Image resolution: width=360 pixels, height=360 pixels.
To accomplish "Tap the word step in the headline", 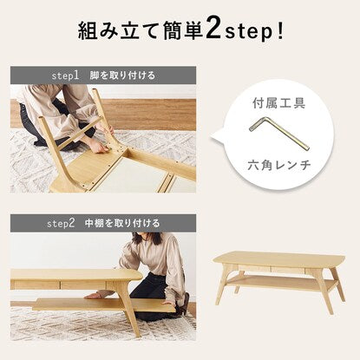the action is pos(248,32).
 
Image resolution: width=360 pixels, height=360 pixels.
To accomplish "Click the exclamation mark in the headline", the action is pos(279,29).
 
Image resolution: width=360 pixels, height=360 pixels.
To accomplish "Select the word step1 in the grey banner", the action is pos(65,75).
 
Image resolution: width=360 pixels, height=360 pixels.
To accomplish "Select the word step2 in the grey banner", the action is pos(61,224).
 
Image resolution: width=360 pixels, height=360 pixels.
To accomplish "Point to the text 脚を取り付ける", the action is pos(122,75).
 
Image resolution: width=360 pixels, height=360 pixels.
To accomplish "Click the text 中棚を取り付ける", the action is pos(122,223).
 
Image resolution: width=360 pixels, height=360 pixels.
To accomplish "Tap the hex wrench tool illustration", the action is pos(279,132).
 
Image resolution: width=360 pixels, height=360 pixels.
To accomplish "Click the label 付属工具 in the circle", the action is pos(278,103).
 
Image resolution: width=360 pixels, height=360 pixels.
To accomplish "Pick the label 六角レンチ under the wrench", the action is pos(279,165).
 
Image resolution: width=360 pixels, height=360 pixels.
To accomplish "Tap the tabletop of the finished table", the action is pos(278,259).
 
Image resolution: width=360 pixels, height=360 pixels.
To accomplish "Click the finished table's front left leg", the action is pos(221,286).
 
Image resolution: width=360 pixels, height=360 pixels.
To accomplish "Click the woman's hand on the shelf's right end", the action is pos(167,303).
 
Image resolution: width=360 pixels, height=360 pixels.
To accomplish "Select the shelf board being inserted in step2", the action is pos(104,305).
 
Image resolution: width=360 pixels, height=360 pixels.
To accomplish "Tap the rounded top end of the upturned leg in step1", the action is pos(41,119).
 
